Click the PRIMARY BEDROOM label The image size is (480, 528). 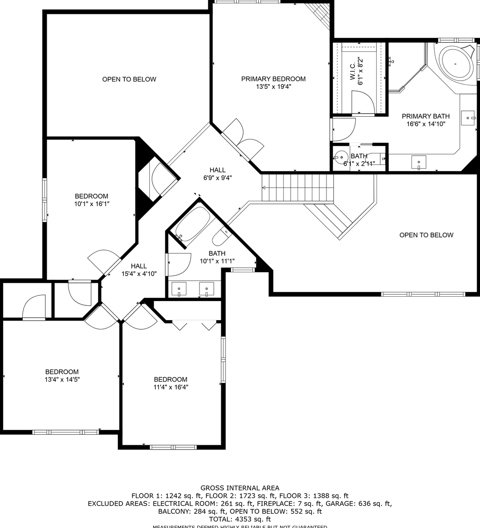(273, 79)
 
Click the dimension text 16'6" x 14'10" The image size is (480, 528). (425, 124)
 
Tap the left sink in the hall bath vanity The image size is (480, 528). (179, 288)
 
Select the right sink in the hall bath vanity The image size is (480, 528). (206, 288)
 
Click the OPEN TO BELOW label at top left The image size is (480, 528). (129, 79)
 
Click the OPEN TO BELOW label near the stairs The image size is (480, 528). (426, 235)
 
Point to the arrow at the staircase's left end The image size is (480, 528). (264, 188)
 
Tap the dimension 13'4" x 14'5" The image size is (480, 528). (62, 379)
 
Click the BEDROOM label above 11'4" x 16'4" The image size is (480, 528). (171, 379)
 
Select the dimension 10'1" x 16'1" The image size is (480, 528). (92, 203)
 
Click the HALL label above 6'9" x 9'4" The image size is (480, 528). (217, 170)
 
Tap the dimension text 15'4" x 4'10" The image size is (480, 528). (139, 274)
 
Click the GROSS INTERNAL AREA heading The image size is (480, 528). (240, 488)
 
